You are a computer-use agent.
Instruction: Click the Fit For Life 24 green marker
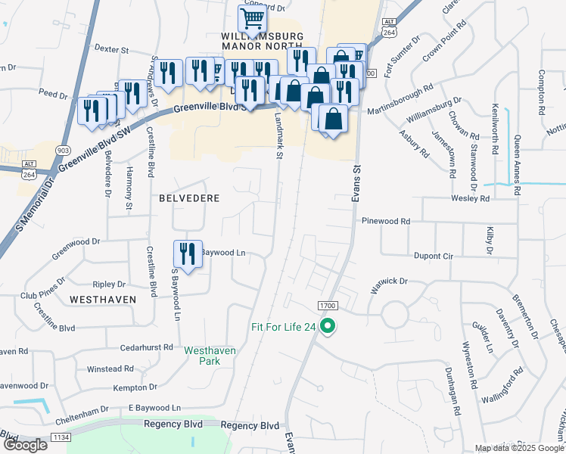328,327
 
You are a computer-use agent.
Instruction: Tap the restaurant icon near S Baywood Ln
186,253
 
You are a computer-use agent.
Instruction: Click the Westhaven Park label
211,356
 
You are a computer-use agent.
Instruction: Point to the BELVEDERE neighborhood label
189,198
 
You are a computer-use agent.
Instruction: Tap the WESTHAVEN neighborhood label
103,300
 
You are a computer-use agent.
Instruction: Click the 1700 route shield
328,305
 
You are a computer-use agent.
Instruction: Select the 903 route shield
64,151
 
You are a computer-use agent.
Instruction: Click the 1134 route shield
61,437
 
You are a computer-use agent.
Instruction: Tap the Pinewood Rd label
386,221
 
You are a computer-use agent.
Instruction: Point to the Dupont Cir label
433,257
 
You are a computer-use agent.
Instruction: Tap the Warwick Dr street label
389,285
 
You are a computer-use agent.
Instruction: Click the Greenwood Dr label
76,242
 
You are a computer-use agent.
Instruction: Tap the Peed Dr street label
53,94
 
